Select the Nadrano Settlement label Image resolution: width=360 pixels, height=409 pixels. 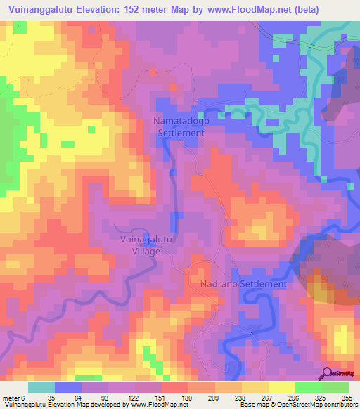pyautogui.click(x=243, y=284)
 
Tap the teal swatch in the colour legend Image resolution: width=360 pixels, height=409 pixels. pyautogui.click(x=41, y=388)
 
